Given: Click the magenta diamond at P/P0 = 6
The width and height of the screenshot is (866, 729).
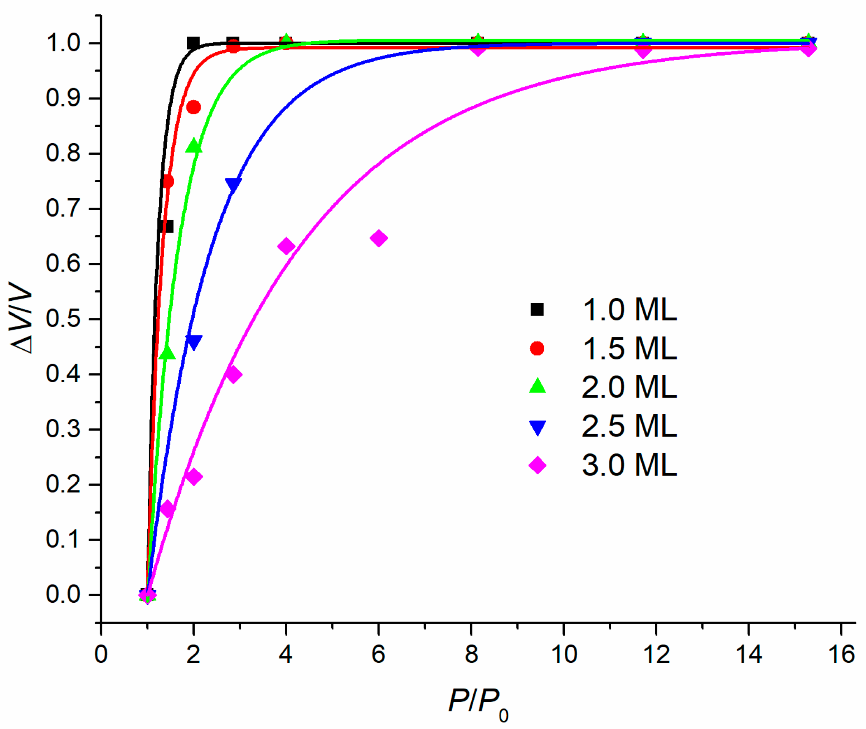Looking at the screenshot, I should click(x=379, y=239).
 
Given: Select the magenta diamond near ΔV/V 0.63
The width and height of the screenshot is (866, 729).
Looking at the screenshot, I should click(x=286, y=247).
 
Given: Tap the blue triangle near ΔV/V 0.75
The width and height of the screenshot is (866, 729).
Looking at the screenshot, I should click(x=233, y=185).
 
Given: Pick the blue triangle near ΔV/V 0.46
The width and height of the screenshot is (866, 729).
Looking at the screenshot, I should click(x=193, y=342).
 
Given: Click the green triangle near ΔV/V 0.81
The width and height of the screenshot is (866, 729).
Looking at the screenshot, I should click(x=193, y=146).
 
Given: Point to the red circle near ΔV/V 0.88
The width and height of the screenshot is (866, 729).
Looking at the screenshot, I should click(x=193, y=107).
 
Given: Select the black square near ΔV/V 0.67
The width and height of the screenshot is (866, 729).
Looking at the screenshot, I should click(x=166, y=226).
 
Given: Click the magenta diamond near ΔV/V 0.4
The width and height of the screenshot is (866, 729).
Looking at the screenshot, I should click(x=233, y=374).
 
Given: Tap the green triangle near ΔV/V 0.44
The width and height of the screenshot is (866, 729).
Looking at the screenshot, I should click(x=167, y=353).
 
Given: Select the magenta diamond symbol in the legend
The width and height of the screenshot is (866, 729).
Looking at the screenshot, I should click(x=538, y=465).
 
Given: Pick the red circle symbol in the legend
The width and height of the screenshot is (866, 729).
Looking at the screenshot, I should click(x=538, y=348).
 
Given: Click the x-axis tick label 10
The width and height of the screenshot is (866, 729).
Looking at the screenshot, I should click(x=564, y=655).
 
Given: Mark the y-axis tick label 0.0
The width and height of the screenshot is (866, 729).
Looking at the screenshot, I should click(x=63, y=594).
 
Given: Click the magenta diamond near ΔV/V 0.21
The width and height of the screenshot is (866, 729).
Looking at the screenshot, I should click(x=193, y=477).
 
